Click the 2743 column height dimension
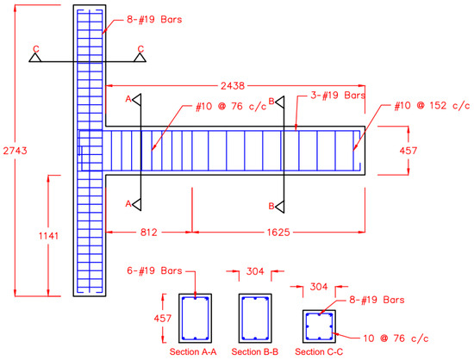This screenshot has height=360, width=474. click(16, 151)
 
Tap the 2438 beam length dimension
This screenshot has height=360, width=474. click(233, 86)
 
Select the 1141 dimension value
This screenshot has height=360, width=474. click(48, 236)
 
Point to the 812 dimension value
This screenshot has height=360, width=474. click(149, 233)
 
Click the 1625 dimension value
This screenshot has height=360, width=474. click(278, 233)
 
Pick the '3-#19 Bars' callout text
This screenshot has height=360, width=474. click(338, 96)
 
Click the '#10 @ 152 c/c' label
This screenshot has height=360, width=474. click(432, 105)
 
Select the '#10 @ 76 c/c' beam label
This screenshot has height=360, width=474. click(231, 106)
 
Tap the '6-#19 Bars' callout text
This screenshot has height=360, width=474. click(154, 270)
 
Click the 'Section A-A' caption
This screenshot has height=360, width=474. click(193, 352)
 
